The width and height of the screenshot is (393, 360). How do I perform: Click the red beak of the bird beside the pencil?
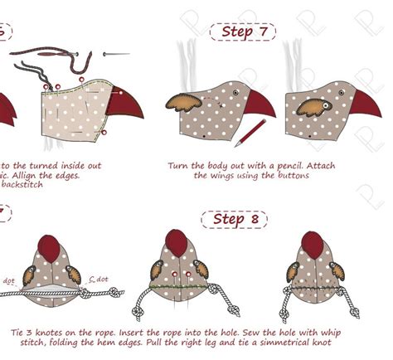pyautogui.click(x=260, y=105)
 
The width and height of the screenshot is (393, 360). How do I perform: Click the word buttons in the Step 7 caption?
pyautogui.click(x=291, y=176)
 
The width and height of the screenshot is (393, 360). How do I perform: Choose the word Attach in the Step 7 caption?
pyautogui.click(x=319, y=165)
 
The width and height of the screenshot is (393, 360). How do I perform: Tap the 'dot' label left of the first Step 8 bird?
pyautogui.click(x=9, y=280)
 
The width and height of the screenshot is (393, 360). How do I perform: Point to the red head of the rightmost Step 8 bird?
pyautogui.click(x=312, y=244)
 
